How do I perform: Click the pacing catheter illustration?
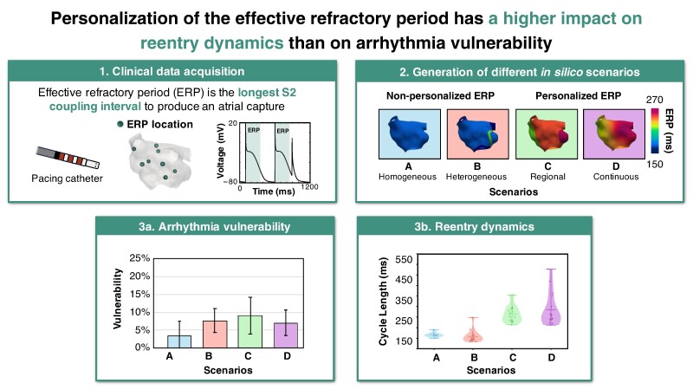[x=68, y=158]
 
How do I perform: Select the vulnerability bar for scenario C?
[x=249, y=331]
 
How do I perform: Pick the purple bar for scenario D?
[x=286, y=335]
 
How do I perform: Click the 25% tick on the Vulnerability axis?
[x=139, y=257]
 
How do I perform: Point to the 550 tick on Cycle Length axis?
[x=404, y=259]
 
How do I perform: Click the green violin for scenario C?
[x=512, y=310]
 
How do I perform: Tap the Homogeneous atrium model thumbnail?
[x=409, y=134]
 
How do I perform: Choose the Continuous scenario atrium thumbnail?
[x=613, y=134]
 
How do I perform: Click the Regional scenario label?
[x=547, y=177]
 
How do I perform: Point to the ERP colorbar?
[x=655, y=131]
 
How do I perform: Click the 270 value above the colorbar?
[x=654, y=100]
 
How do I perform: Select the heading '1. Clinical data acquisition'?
[x=172, y=71]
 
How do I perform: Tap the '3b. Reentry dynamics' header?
[x=474, y=227]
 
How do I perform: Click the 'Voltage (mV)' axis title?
[x=221, y=150]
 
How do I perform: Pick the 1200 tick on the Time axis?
[x=309, y=186]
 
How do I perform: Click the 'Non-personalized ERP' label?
[x=440, y=95]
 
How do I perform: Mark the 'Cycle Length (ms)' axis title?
[x=383, y=302]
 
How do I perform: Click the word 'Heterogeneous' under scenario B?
[x=476, y=177]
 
